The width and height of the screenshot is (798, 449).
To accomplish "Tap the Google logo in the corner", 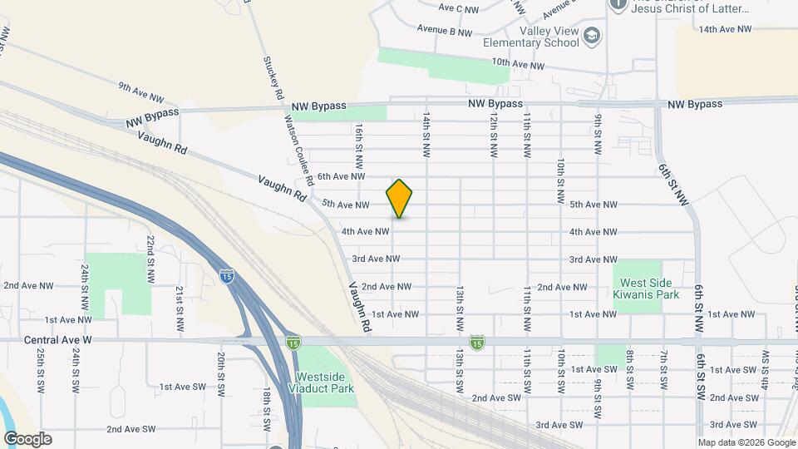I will click(27, 439).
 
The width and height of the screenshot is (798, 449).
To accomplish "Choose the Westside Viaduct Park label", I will click(325, 382).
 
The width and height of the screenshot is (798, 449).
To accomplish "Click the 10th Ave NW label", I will click(518, 63).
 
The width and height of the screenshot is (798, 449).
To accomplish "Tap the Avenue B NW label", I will click(445, 32).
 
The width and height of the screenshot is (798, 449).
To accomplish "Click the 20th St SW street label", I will click(221, 371).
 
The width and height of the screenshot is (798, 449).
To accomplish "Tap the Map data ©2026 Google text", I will click(746, 442).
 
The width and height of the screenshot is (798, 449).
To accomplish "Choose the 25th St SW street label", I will click(40, 371).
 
